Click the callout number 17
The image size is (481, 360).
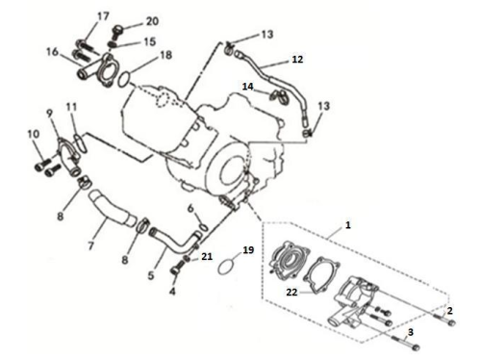(103, 16)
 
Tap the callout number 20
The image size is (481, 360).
(152, 21)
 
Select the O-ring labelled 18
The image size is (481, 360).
(124, 79)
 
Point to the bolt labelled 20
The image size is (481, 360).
(117, 32)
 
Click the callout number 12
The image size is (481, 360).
(297, 60)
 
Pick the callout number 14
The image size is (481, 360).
(247, 87)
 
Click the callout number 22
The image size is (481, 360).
(291, 292)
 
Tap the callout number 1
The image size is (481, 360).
(348, 225)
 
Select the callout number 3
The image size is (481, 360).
(411, 332)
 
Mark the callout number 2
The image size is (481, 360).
(449, 310)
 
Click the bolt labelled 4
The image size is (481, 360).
(177, 268)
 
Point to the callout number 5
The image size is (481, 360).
(151, 275)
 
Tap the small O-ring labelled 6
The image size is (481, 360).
(203, 227)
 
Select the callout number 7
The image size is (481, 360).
(91, 245)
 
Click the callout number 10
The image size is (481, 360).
(34, 134)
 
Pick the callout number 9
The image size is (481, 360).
(49, 114)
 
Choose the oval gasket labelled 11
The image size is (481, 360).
(80, 143)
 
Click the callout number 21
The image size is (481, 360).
(207, 256)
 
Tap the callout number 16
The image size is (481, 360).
(53, 52)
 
